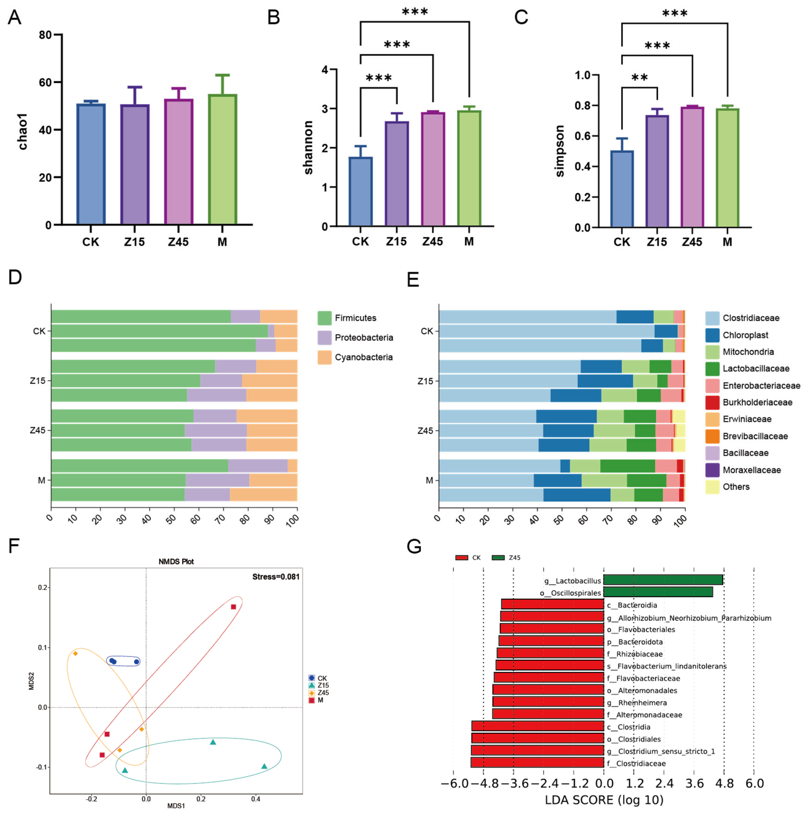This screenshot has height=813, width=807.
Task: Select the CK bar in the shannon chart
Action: point(360,191)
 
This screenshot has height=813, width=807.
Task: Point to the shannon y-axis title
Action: point(308,147)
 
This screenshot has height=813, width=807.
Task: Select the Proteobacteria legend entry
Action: point(364,337)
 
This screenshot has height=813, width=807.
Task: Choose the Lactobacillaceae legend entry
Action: point(756,369)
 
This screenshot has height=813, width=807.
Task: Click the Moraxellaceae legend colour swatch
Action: point(712,470)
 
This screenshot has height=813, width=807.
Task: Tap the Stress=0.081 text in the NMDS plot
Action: point(276,577)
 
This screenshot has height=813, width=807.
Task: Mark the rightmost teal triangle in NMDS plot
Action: point(264,766)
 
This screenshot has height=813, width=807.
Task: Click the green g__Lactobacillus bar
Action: point(663,580)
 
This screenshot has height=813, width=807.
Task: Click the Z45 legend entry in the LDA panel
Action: point(514,558)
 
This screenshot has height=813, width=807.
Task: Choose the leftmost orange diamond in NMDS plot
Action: point(75,653)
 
